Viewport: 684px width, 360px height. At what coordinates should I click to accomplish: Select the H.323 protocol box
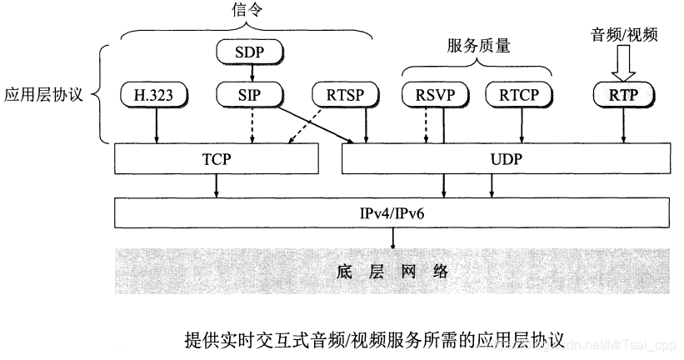point(156,93)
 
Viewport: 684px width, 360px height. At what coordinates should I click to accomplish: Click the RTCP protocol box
point(522,93)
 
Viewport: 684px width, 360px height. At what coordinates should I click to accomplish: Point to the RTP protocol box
point(624,94)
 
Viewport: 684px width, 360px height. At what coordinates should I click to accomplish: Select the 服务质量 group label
point(477,47)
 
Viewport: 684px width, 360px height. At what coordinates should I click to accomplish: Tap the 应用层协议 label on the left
point(42,93)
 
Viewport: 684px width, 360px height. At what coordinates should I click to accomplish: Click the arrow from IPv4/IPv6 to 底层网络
point(394,238)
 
